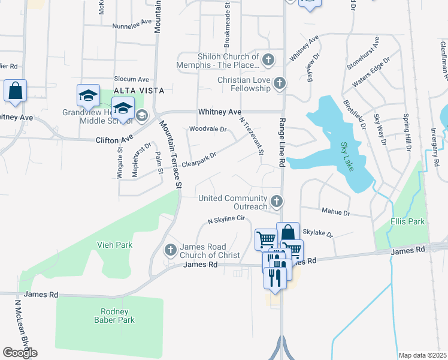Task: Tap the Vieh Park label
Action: [114, 245]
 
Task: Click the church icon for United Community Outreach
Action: [276, 202]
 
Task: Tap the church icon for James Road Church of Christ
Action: [171, 249]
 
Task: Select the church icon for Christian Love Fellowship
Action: [279, 83]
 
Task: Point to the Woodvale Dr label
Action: [208, 129]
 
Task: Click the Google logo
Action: [20, 353]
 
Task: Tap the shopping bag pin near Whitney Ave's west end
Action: [15, 91]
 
